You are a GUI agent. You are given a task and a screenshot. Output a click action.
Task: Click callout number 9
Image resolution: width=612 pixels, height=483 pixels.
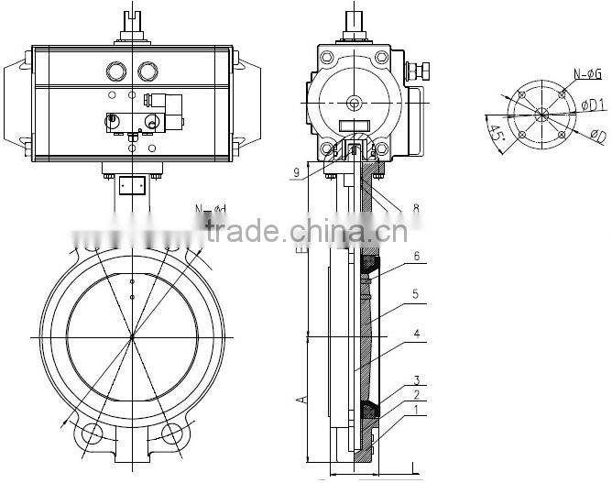(x=297, y=170)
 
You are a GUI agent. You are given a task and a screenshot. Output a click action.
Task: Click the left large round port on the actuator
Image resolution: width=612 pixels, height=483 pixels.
(x=116, y=71)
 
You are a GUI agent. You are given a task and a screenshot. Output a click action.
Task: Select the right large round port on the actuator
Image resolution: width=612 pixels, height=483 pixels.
(x=148, y=71)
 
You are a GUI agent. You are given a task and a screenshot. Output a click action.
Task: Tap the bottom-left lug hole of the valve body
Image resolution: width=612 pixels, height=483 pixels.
(x=93, y=434)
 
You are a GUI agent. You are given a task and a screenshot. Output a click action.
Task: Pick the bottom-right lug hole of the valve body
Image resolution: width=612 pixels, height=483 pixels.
(x=171, y=434)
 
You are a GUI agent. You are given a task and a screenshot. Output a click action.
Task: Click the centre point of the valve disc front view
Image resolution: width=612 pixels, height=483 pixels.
(x=132, y=337)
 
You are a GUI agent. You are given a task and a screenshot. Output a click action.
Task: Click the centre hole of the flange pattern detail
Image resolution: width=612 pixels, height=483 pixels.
(x=542, y=115)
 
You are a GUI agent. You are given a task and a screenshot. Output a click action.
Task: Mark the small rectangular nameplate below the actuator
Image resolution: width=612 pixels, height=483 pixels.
(x=133, y=184)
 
